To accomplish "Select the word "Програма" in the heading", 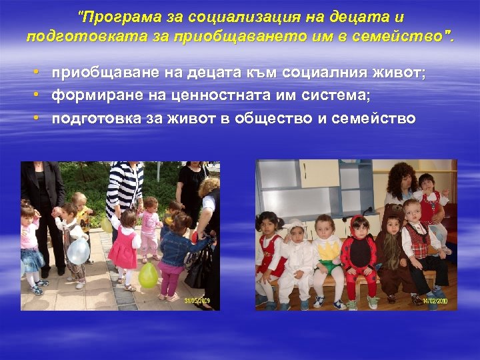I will [111, 15].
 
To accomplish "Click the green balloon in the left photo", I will [148, 275].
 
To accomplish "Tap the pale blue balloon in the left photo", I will [79, 251].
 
